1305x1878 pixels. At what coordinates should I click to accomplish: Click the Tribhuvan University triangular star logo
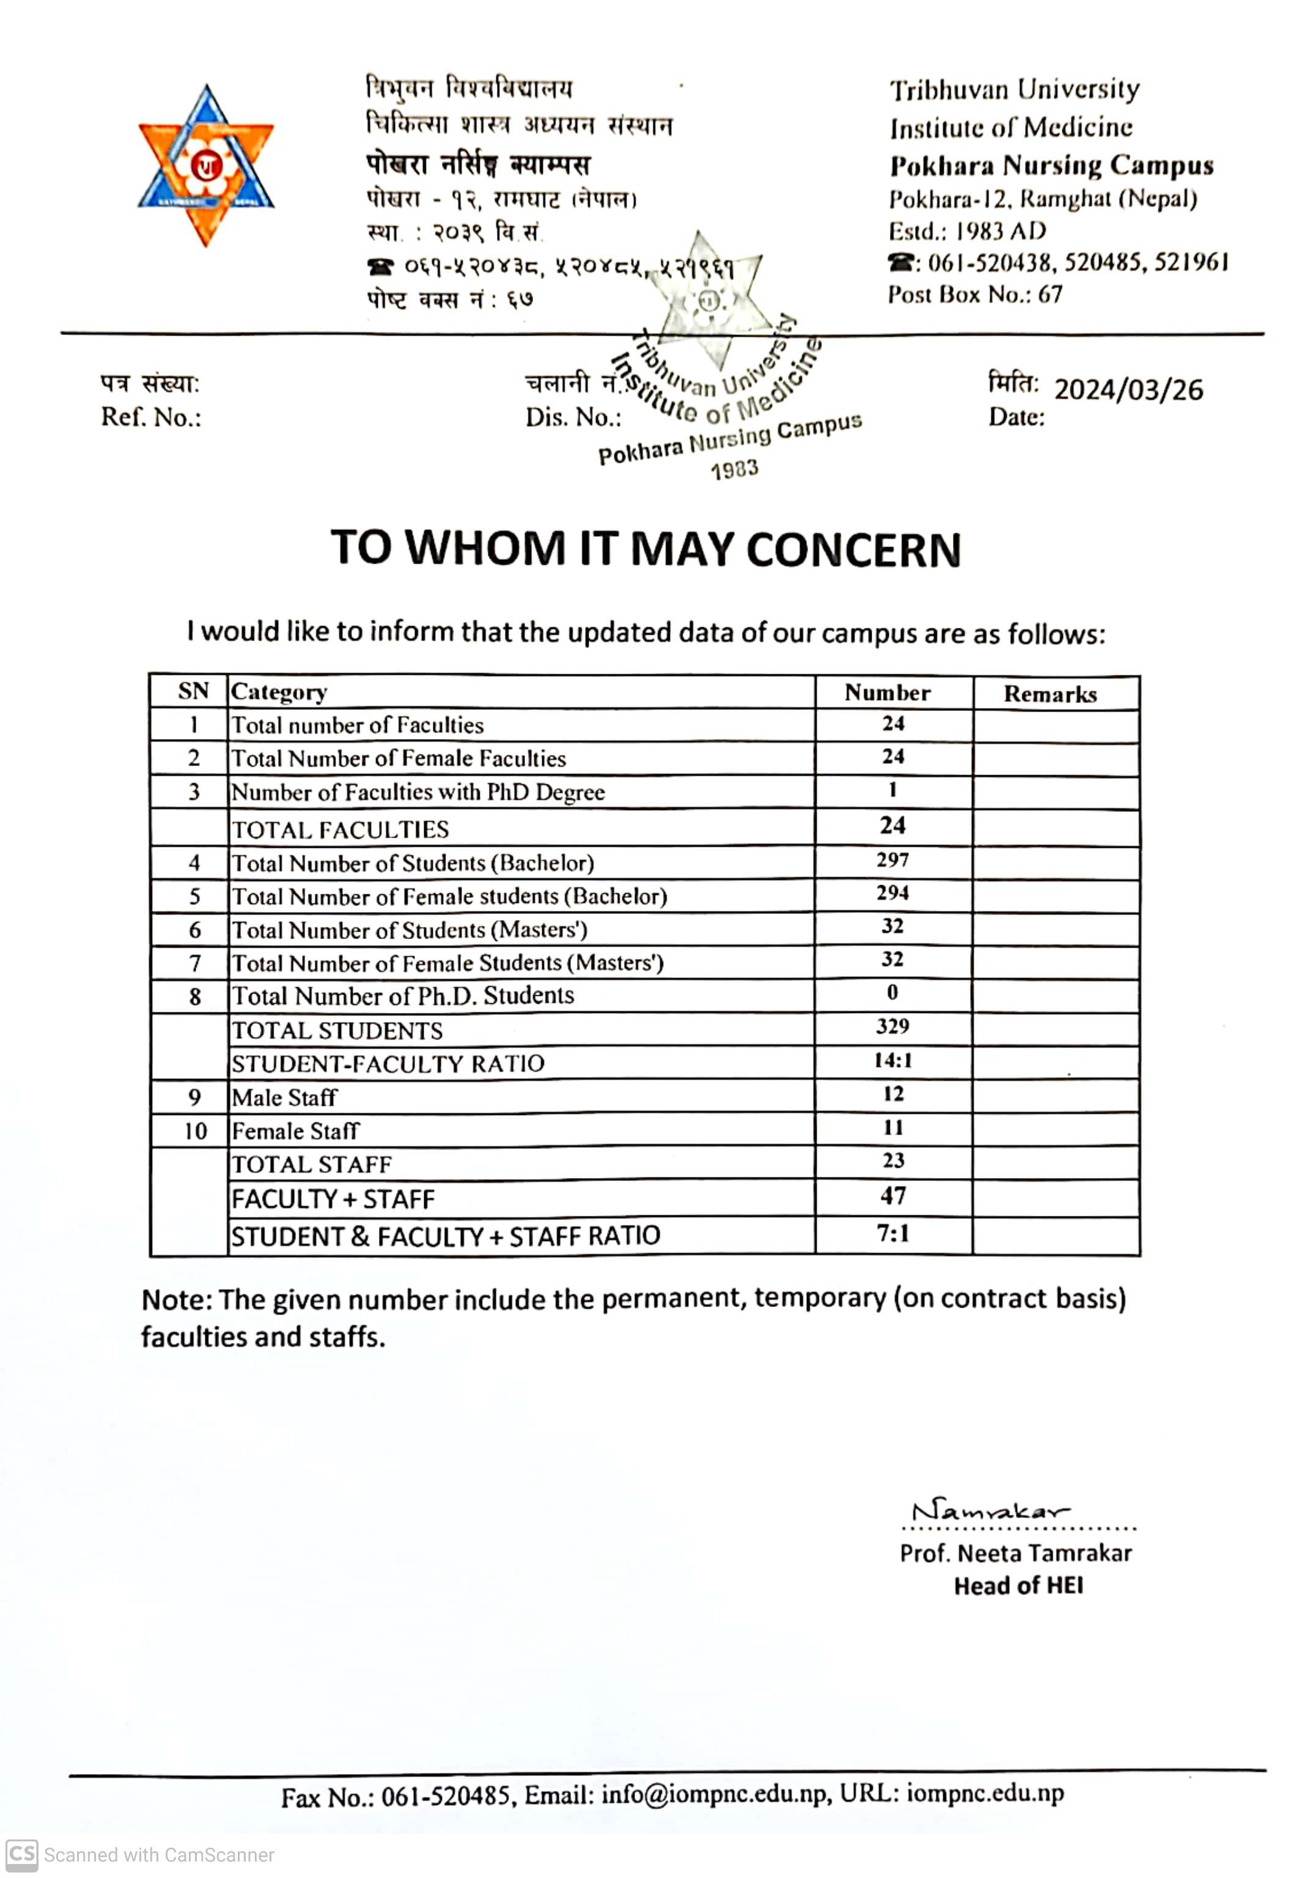pos(205,166)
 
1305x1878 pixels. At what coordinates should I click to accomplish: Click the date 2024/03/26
pos(1128,389)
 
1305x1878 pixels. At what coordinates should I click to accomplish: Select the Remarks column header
pos(1050,694)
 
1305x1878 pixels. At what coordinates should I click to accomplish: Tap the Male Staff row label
pos(284,1097)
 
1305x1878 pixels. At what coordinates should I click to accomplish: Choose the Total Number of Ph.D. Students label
pos(403,996)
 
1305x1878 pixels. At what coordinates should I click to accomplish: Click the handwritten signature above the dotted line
pos(990,1512)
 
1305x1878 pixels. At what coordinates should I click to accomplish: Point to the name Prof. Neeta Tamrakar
pos(1015,1553)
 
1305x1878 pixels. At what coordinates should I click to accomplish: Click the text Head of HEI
pos(1018,1586)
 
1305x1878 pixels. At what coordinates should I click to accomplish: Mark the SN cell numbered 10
pos(194,1131)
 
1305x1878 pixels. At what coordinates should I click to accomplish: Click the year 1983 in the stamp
pos(734,470)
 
